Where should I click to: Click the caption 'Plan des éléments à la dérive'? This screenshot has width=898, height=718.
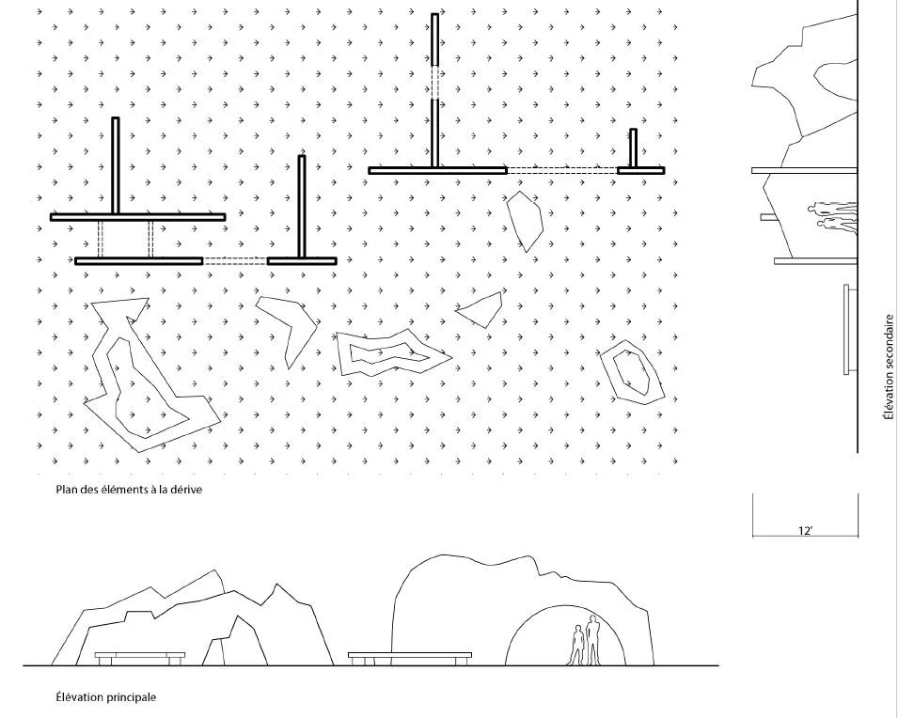[x=129, y=490]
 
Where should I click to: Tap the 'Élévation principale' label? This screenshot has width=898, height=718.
[x=106, y=696]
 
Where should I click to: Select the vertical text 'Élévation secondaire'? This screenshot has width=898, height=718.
[x=889, y=367]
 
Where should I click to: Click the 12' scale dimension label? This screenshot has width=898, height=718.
[x=805, y=531]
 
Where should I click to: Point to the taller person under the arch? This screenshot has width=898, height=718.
[x=592, y=640]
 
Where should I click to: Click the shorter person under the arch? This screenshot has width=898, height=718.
[x=576, y=646]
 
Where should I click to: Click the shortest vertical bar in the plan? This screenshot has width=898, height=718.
[x=633, y=148]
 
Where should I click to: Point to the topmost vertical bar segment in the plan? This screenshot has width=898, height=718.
[x=434, y=39]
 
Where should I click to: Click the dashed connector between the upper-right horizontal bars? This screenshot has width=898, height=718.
[x=561, y=170]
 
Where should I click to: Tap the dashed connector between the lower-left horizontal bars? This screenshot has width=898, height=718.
[x=235, y=261]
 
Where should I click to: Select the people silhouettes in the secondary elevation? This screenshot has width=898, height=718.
[x=833, y=216]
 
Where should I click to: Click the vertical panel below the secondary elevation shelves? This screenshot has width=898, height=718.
[x=847, y=329]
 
